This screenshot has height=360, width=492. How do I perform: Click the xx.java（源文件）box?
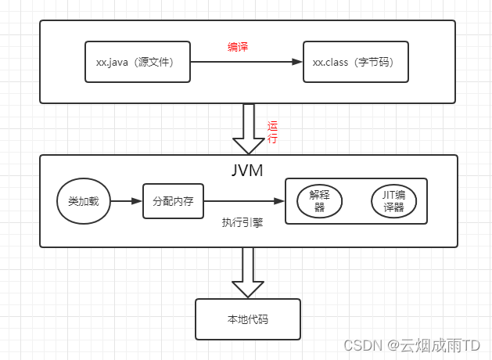(138, 61)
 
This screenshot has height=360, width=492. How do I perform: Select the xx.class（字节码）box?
(356, 61)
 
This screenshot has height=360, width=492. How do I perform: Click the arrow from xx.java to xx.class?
(242, 61)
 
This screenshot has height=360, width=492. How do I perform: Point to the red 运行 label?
(272, 132)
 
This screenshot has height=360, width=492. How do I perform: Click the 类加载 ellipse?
(83, 201)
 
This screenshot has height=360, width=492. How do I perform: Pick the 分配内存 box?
(172, 201)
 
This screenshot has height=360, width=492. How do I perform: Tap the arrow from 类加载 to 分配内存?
(125, 201)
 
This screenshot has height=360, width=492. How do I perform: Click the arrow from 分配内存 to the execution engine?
(242, 201)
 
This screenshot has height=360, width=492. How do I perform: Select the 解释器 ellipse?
(320, 202)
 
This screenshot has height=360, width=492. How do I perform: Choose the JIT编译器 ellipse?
(393, 202)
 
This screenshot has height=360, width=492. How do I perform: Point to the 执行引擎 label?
(242, 222)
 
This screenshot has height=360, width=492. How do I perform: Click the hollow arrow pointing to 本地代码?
(248, 272)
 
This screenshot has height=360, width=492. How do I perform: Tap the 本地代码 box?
(248, 319)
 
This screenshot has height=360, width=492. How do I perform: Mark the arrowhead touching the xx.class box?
(298, 61)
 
